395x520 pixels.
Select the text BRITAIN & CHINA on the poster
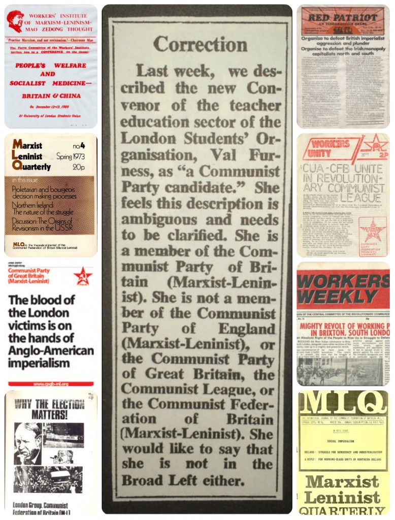pos(50,96)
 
